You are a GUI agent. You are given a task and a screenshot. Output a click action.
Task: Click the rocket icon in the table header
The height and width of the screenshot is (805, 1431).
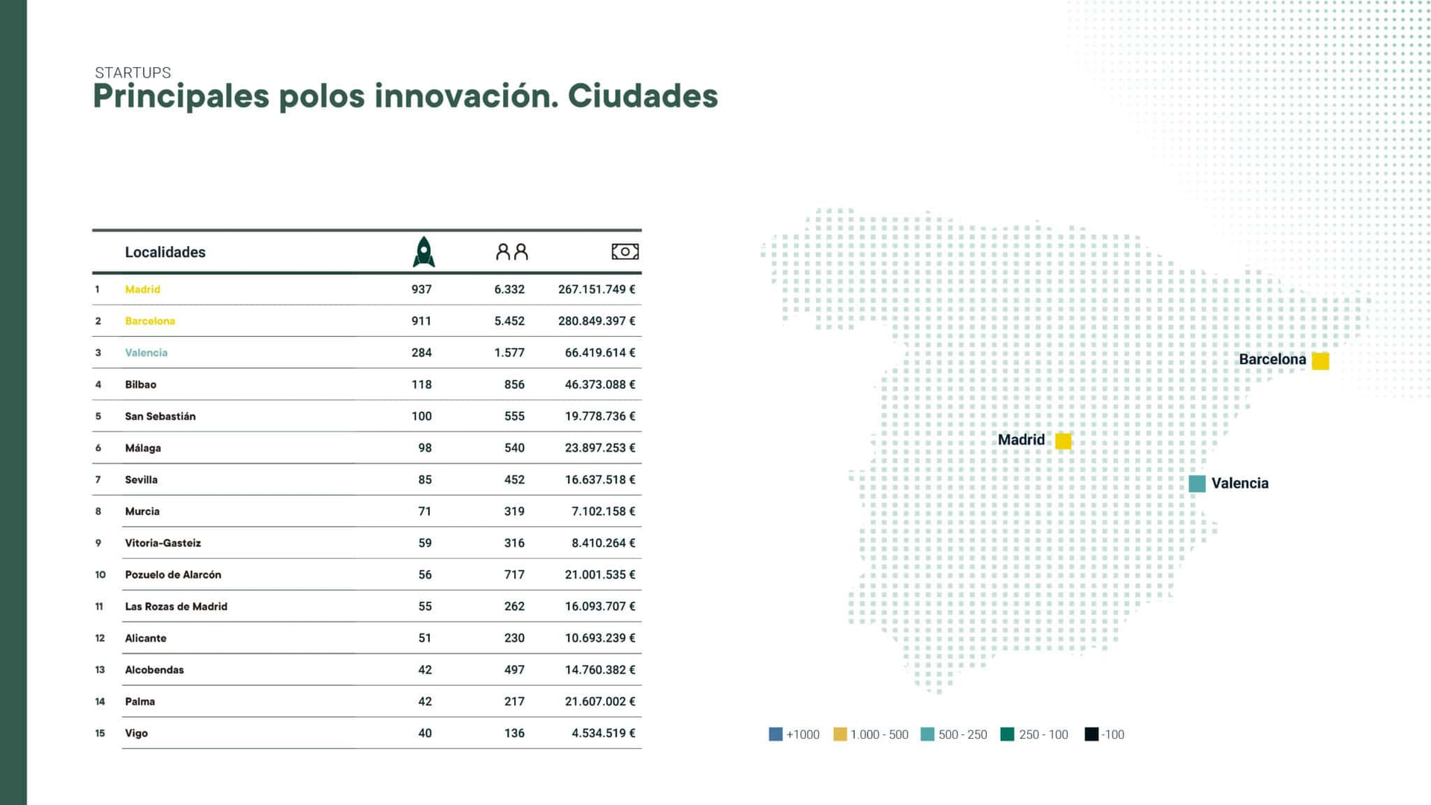[x=423, y=252]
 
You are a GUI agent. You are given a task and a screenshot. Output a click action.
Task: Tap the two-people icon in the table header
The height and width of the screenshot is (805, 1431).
[x=512, y=252]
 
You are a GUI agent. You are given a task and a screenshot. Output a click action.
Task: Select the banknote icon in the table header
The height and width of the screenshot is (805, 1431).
[x=625, y=252]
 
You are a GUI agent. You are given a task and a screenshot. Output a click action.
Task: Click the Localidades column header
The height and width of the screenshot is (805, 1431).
[x=165, y=252]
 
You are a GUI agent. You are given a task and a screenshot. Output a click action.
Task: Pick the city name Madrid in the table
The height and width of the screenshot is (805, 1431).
[x=142, y=289]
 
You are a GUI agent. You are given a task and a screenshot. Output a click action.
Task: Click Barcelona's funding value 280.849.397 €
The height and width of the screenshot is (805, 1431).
[x=596, y=321]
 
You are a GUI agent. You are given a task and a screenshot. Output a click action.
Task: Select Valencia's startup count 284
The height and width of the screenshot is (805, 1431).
[x=421, y=353]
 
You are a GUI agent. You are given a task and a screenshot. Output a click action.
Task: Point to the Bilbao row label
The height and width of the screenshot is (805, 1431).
[x=140, y=385]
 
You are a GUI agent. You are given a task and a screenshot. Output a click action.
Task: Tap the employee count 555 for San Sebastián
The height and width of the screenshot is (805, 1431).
[x=514, y=416]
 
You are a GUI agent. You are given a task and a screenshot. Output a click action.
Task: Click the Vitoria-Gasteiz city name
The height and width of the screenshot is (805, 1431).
[x=162, y=543]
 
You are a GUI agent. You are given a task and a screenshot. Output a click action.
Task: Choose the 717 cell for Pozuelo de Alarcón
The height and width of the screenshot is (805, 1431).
[x=514, y=575]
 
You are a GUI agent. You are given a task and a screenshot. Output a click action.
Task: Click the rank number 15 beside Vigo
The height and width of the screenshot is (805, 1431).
[x=100, y=733]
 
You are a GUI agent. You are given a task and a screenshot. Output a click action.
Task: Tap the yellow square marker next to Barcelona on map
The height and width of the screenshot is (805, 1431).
[x=1320, y=361]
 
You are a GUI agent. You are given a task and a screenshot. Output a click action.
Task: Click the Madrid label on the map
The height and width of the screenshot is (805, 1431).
[x=1021, y=440]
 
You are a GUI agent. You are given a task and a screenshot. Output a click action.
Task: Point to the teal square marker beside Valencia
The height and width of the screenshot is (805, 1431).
[x=1197, y=484]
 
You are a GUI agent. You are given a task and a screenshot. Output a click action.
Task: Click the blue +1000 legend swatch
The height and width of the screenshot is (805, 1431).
[x=775, y=734]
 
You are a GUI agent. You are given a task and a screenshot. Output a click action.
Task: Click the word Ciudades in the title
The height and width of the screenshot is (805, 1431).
[x=642, y=96]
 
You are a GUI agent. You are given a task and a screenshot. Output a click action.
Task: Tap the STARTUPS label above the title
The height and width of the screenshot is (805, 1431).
[x=133, y=72]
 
